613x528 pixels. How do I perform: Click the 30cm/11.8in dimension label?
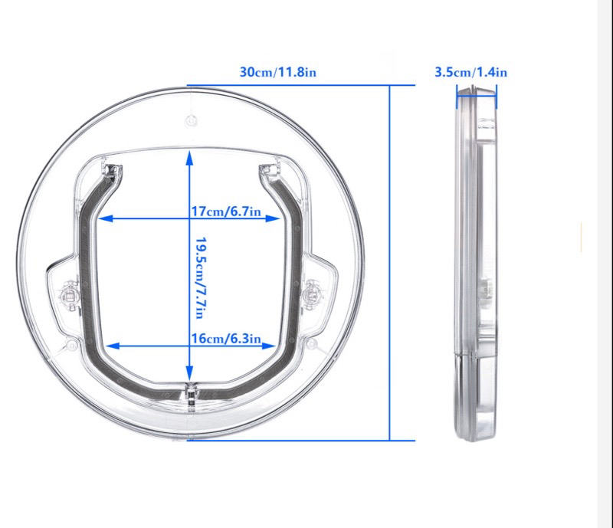277,73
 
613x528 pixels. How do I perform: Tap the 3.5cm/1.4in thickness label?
470,73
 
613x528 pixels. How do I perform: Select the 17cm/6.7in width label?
227,211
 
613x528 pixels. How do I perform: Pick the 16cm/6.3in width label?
227,338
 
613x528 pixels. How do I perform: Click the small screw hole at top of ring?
191,120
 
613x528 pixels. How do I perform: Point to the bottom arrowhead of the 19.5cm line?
189,378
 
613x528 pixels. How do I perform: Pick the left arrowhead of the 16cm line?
109,346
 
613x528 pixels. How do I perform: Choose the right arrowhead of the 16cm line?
269,346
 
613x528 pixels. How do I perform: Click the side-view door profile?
475,264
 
